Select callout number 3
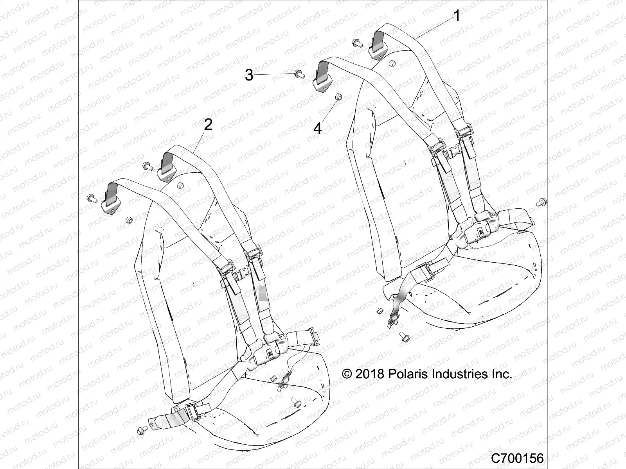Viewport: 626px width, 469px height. pyautogui.click(x=249, y=75)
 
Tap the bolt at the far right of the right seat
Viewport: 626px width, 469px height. pyautogui.click(x=542, y=202)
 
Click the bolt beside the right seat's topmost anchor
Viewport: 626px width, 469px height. pyautogui.click(x=357, y=43)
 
